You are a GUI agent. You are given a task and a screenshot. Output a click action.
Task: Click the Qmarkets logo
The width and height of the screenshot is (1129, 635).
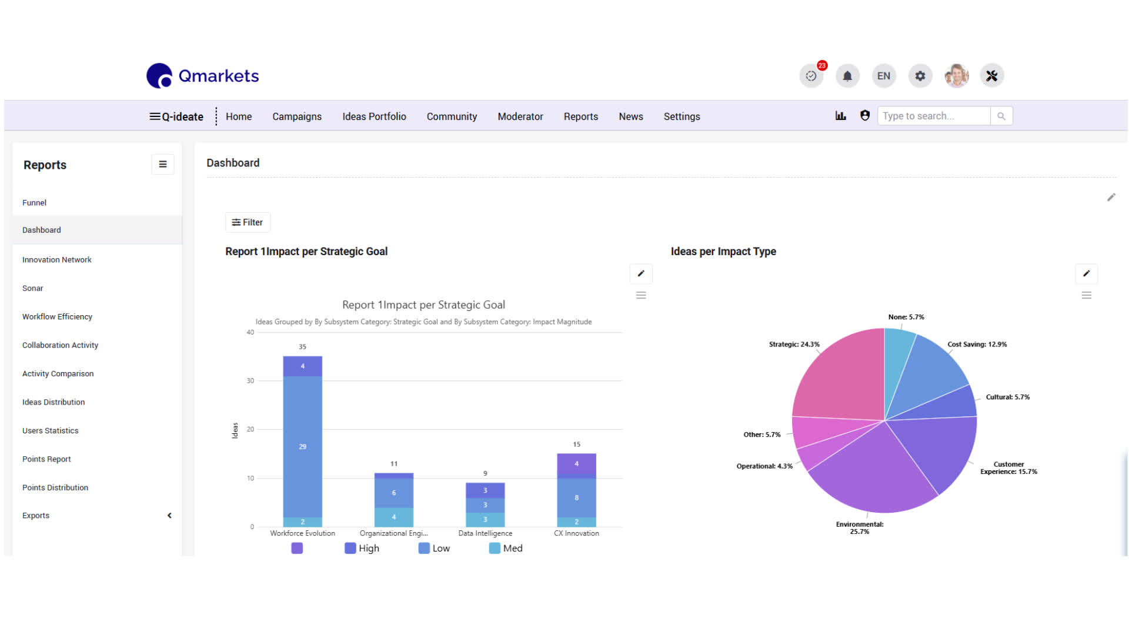coord(202,76)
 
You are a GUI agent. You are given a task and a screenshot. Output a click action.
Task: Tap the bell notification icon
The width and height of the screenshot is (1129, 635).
coord(847,76)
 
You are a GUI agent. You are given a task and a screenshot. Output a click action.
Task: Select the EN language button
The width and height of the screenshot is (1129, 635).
coord(884,76)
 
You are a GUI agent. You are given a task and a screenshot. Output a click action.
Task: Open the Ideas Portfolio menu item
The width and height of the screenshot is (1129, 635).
coord(374,116)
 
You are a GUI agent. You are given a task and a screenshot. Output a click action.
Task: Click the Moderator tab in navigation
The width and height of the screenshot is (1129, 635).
coord(520,116)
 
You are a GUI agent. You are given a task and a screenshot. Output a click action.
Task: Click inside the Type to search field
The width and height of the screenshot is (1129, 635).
coord(934,116)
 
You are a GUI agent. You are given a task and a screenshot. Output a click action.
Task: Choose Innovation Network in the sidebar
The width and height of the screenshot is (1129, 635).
coord(57,260)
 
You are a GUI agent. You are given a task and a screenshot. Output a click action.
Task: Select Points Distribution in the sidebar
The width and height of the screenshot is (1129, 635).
coord(55,487)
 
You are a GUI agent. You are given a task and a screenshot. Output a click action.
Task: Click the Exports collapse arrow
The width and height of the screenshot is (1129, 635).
coord(169,516)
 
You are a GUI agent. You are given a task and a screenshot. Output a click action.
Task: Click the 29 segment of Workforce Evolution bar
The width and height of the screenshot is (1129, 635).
coord(302,447)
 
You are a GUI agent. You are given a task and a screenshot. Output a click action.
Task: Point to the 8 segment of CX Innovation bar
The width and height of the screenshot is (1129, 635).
coord(576,497)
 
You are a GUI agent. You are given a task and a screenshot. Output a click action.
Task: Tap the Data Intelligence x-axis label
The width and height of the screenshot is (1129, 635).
coord(485,533)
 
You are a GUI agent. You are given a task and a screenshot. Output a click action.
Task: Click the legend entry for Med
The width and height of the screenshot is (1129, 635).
coord(506,548)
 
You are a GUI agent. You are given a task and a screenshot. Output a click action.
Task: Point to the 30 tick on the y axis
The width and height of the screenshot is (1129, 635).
coord(250,381)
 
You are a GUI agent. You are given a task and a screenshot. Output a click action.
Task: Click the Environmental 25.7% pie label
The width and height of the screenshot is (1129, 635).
coord(860,528)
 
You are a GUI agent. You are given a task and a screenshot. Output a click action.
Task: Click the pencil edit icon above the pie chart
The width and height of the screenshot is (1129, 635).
coord(1087,273)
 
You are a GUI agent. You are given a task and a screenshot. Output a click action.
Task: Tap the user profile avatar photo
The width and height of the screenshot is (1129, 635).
coord(957,76)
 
